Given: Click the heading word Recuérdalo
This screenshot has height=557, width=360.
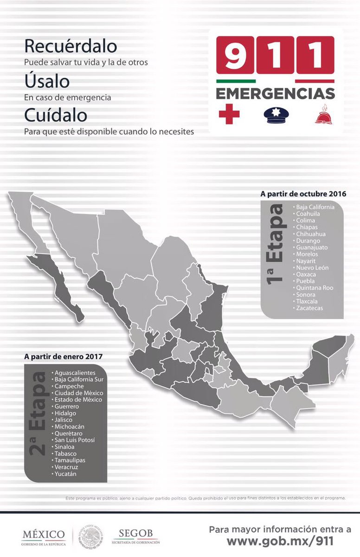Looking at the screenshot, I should point(71,47).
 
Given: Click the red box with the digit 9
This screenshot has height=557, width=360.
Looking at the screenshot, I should point(235,55).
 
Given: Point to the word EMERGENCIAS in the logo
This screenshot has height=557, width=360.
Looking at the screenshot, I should point(275,93).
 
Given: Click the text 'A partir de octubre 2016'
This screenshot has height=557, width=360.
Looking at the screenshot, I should point(303,194).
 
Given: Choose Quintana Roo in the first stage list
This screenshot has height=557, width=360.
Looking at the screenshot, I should point(315,288).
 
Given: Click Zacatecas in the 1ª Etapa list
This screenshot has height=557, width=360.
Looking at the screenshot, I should point(310,308).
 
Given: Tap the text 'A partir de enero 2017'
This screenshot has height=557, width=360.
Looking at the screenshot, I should point(64,357).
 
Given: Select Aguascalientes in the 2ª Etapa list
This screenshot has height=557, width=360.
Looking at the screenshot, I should point(75,373).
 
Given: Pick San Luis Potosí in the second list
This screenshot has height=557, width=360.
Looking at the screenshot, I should point(75,440).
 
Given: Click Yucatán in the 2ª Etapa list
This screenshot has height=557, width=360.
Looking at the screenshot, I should point(66,474).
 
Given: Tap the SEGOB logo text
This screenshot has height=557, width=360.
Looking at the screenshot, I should point(135,533).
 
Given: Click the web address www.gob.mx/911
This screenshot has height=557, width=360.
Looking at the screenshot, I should point(280,541).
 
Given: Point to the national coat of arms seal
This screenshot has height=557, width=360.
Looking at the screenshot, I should point(91,537).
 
